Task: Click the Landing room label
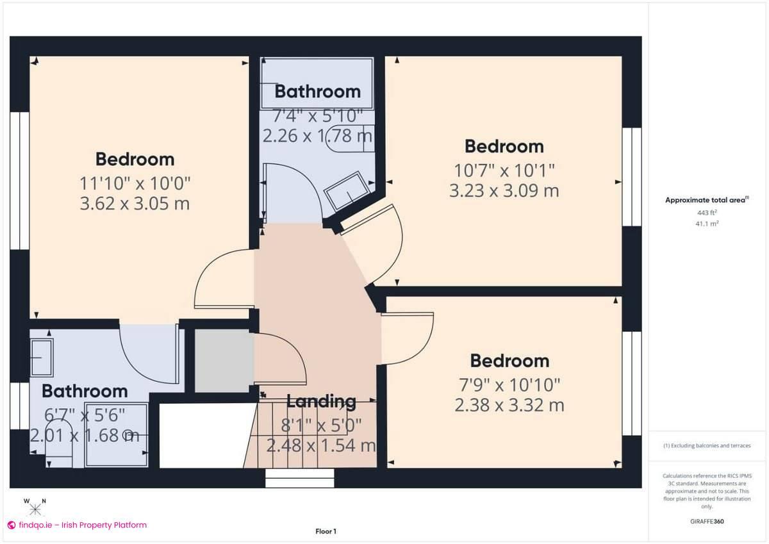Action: click(321, 402)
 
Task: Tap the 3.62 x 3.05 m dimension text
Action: click(135, 203)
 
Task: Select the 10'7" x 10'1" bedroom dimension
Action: click(504, 170)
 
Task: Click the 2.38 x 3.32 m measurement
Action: click(509, 405)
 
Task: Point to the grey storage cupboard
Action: click(222, 361)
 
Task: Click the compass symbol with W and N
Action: click(35, 507)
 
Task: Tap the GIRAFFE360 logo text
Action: click(707, 522)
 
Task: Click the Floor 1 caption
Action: click(326, 531)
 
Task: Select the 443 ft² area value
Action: click(707, 213)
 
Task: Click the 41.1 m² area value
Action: click(707, 224)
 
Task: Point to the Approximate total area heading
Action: click(707, 200)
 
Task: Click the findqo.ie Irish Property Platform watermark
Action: click(78, 525)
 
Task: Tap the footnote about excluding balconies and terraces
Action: click(707, 445)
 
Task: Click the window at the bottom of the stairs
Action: click(300, 478)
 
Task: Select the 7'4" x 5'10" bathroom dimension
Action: click(317, 116)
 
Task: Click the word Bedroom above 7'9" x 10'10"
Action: click(509, 361)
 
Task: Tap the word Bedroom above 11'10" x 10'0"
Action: click(135, 160)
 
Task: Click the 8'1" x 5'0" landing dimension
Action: click(321, 425)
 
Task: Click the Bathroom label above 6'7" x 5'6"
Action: click(85, 391)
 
